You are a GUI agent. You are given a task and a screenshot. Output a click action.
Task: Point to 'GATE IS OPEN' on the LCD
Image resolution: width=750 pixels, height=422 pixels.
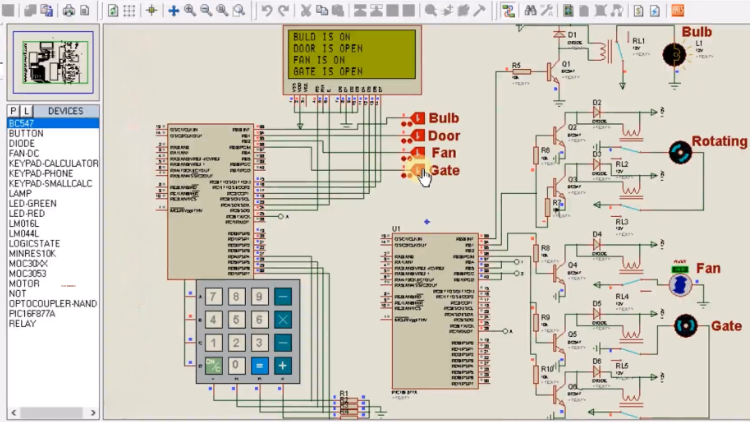[x=328, y=72]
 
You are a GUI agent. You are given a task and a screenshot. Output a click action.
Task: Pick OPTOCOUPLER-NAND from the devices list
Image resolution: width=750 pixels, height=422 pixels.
[x=52, y=303]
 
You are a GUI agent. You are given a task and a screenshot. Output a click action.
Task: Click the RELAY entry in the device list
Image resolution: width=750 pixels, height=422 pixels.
[x=22, y=323]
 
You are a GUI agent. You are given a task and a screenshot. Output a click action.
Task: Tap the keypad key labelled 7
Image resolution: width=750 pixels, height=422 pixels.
[x=212, y=297]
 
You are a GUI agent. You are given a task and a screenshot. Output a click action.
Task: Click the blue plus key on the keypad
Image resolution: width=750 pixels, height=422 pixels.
[x=283, y=366]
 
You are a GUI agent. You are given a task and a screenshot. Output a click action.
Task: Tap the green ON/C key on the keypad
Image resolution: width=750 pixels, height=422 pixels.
[x=212, y=366]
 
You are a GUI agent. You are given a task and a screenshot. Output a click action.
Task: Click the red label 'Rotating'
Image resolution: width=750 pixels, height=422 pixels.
[x=718, y=142]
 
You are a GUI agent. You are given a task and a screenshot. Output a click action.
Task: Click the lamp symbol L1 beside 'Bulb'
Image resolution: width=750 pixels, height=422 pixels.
[x=679, y=54]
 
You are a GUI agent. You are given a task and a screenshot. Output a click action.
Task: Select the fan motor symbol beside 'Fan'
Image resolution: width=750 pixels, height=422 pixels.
[x=680, y=286]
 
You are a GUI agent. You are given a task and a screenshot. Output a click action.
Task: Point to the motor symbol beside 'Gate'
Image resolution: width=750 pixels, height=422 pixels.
[x=686, y=326]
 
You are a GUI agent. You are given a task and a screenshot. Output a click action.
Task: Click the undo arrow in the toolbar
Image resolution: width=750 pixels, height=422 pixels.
[x=266, y=10]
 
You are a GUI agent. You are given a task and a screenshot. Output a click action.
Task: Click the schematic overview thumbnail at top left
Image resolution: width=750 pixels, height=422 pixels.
[x=52, y=63]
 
